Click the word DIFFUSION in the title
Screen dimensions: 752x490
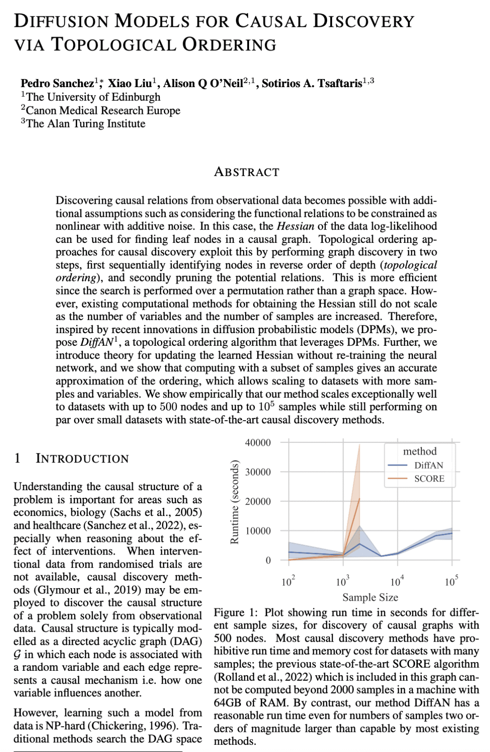pos(61,21)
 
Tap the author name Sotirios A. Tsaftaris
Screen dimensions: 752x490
pos(312,83)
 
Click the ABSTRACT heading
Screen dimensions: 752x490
pos(246,172)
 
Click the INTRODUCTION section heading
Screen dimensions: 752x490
pos(82,458)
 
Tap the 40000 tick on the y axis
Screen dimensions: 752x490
pos(258,442)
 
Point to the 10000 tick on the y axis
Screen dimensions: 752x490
pos(258,531)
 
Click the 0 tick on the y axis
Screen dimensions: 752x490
pos(268,560)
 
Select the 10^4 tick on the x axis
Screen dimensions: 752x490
pos(397,581)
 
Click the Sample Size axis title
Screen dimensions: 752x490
pos(370,597)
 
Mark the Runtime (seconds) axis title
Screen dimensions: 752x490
pos(234,501)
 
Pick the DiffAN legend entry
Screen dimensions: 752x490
pos(428,465)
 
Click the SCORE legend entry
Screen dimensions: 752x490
pos(429,478)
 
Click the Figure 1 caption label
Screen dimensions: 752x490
pos(235,612)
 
